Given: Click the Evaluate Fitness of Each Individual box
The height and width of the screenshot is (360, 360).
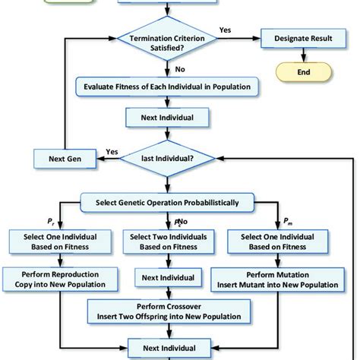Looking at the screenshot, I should pos(167,87).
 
